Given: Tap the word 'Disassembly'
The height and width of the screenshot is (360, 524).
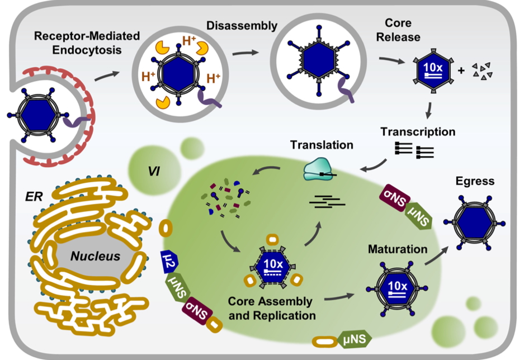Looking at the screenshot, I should (x=242, y=26).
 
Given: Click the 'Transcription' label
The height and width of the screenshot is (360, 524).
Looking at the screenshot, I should (x=418, y=132).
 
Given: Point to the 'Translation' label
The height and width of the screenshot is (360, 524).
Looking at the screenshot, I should (x=321, y=145).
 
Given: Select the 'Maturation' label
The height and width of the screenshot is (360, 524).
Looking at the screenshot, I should (x=397, y=249).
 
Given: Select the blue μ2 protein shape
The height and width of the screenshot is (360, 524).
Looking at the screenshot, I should (x=168, y=260).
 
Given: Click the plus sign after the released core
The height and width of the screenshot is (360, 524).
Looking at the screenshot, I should (x=461, y=71).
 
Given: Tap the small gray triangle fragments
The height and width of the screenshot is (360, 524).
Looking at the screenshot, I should (x=483, y=70).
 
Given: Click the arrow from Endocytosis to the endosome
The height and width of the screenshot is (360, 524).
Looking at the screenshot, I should (x=107, y=75).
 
